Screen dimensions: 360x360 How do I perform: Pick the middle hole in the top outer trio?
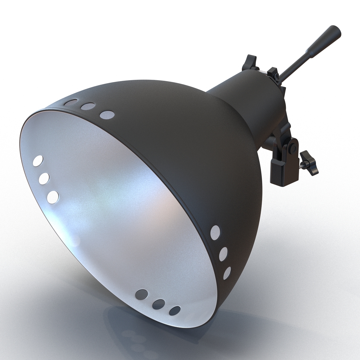coord(88,106)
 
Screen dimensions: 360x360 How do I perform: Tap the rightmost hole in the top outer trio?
coord(107,115)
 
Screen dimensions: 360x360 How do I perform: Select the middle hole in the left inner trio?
coord(44,178)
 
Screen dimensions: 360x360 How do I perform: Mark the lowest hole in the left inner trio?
coord(53,196)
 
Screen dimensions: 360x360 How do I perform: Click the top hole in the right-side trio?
coord(215,231)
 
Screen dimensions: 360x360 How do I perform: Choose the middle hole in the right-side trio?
coord(223,254)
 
